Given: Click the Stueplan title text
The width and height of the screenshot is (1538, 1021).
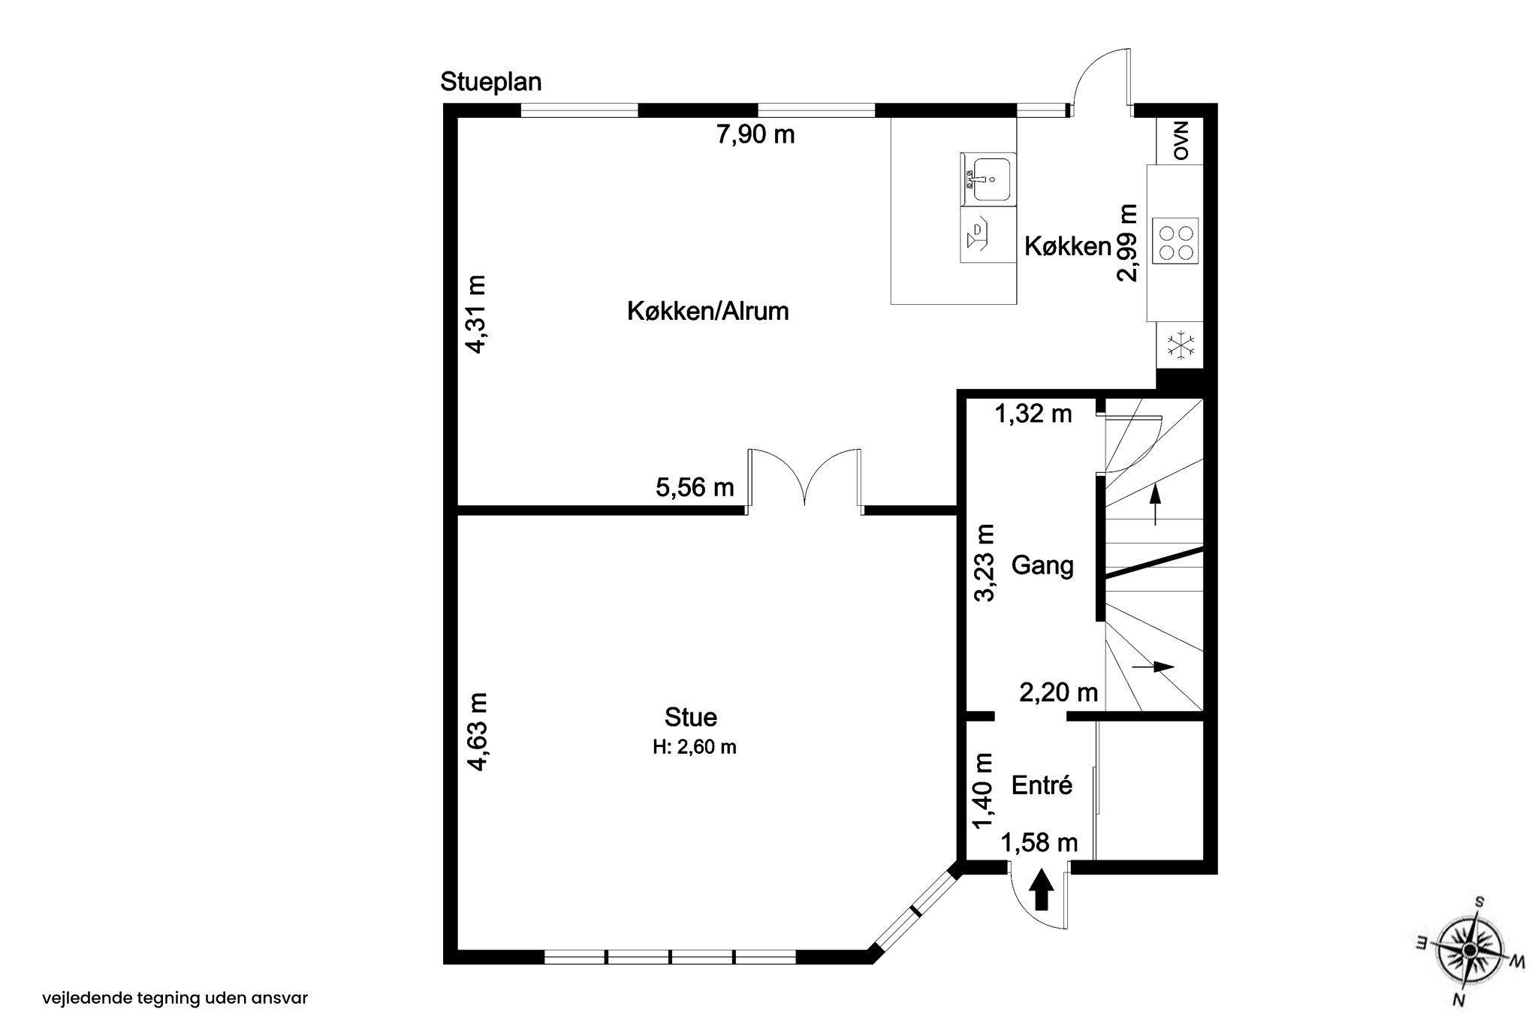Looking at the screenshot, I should coord(490,82).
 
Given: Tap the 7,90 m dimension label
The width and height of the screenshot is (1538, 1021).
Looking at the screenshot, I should coord(755,135).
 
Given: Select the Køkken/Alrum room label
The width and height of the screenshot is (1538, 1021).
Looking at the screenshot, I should coord(707,311).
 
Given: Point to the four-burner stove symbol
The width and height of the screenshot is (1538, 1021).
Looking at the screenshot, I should coord(1177,242).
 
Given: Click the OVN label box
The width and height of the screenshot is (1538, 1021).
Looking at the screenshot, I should coord(1181,141).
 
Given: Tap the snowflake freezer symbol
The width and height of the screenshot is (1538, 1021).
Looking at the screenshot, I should coord(1181,346).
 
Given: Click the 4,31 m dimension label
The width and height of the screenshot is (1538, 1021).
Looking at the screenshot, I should coord(475,314).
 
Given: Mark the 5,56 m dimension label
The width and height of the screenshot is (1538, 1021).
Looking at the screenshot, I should coord(695,488).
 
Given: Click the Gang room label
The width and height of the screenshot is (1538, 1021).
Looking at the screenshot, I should coord(1042,565).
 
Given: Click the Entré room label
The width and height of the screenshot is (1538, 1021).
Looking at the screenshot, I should coord(1042,785).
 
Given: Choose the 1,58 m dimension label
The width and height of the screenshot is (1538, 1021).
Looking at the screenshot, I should coord(1039,844).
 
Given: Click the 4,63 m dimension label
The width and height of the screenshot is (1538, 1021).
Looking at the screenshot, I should coord(477,731).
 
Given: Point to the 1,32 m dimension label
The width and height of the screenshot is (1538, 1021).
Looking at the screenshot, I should coord(1033,414).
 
